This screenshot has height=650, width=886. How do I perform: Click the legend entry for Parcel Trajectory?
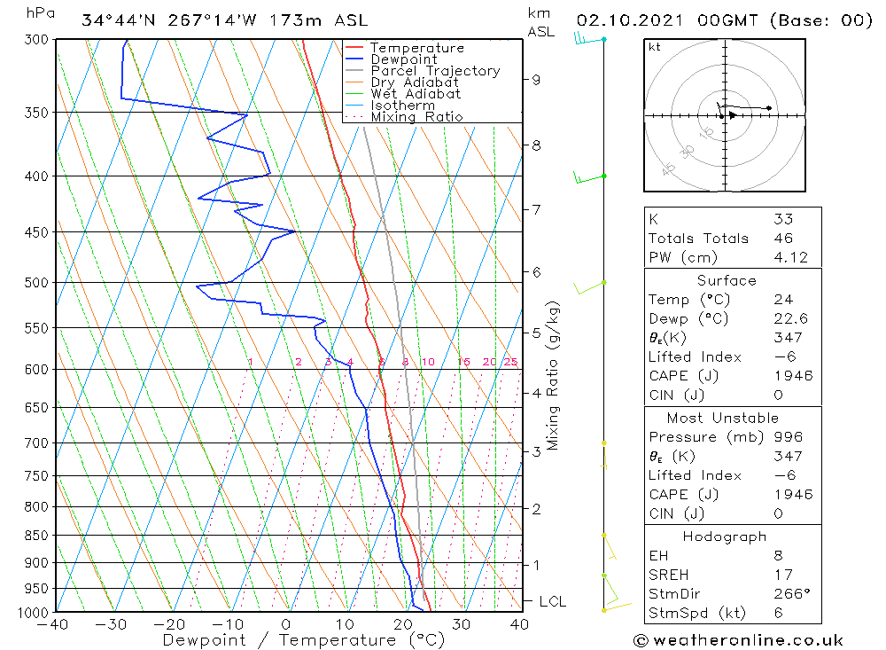pyautogui.click(x=435, y=71)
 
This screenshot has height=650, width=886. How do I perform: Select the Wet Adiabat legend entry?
pyautogui.click(x=416, y=94)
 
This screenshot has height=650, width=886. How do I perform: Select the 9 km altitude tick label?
pyautogui.click(x=536, y=79)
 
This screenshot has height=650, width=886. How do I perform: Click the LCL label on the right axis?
pyautogui.click(x=552, y=601)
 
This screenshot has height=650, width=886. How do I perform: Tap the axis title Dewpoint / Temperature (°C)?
pyautogui.click(x=288, y=640)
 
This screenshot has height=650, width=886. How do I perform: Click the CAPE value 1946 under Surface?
pyautogui.click(x=792, y=376)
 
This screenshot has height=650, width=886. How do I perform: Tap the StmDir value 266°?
pyautogui.click(x=789, y=594)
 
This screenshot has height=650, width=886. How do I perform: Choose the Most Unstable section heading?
pyautogui.click(x=723, y=418)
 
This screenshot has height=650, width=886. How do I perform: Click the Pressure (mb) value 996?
pyautogui.click(x=788, y=437)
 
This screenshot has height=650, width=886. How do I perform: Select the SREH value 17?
pyautogui.click(x=781, y=575)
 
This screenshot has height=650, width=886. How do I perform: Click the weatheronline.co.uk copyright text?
pyautogui.click(x=738, y=640)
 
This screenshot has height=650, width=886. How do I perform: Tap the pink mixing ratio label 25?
pyautogui.click(x=510, y=362)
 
